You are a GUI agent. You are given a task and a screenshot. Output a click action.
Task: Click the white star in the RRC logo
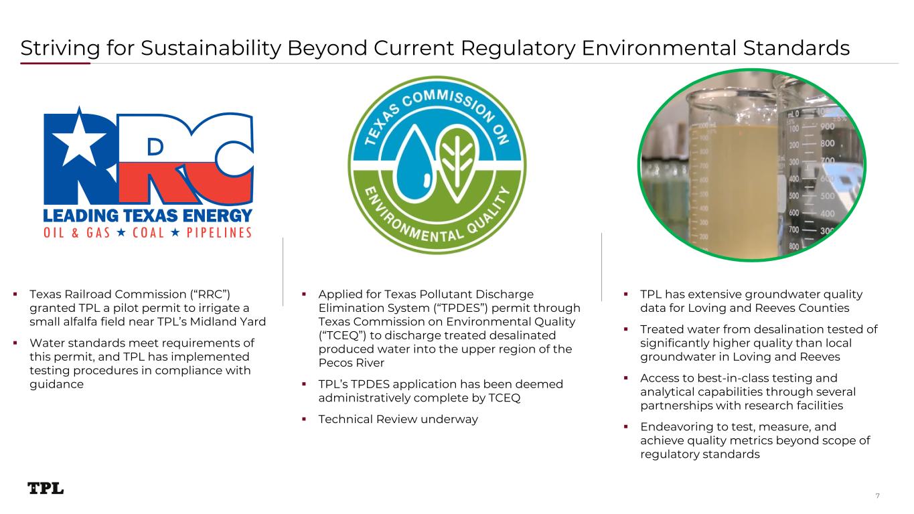79,138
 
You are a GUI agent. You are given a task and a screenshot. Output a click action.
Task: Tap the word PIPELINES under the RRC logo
219,233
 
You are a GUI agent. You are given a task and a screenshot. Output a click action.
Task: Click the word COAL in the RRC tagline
149,233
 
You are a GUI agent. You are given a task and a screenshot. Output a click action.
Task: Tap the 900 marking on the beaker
827,127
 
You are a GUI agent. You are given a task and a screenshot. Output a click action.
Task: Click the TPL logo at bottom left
46,489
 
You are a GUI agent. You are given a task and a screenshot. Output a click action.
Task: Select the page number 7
877,496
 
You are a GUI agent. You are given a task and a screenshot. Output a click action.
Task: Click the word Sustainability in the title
211,48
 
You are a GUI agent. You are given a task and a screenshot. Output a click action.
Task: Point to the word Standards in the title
796,48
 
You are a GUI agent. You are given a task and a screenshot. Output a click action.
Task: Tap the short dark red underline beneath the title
55,63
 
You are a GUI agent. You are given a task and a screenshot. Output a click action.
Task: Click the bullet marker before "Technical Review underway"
304,419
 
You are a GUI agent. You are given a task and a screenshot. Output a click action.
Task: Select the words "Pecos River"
352,363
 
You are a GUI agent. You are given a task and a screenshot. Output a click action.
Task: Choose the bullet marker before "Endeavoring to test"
626,427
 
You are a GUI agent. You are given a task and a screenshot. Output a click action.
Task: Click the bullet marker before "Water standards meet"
15,343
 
